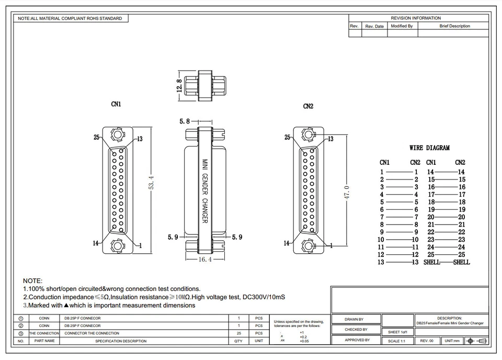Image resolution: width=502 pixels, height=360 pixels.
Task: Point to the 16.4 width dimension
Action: [204, 259]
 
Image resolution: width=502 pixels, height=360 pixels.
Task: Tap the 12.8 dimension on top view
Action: [179, 84]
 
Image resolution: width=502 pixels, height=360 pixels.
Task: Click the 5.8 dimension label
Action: [185, 121]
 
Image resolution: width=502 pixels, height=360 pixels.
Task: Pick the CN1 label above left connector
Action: [116, 104]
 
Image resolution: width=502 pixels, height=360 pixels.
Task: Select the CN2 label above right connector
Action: [308, 106]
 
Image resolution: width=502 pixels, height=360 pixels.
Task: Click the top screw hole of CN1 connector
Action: [117, 136]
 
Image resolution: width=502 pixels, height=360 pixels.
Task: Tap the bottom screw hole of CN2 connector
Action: [309, 245]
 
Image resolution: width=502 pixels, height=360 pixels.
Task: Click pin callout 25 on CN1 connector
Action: [97, 137]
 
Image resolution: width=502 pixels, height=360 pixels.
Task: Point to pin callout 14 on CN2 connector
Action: [287, 243]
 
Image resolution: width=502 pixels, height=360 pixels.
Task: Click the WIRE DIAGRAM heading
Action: [429, 148]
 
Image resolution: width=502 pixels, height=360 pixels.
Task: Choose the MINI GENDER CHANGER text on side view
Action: [205, 191]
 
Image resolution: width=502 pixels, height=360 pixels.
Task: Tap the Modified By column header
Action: [402, 26]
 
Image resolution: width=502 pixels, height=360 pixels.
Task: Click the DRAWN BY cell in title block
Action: [354, 319]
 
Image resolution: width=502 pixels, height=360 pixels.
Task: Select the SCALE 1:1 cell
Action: [397, 341]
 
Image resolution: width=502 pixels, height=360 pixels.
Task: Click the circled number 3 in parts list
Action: [21, 333]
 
